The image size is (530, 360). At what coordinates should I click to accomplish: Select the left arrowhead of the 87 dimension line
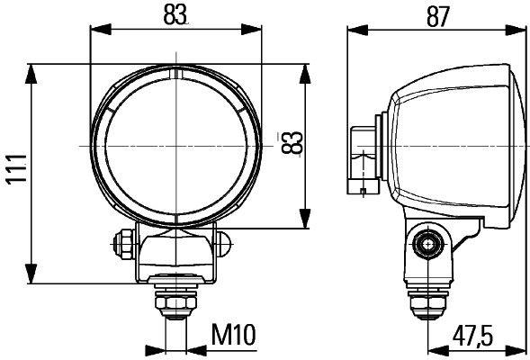(354, 31)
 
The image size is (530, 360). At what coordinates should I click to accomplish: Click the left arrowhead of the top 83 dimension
(94, 31)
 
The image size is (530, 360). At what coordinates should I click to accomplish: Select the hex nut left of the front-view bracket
(121, 241)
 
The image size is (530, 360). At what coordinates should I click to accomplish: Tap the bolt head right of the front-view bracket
(222, 241)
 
